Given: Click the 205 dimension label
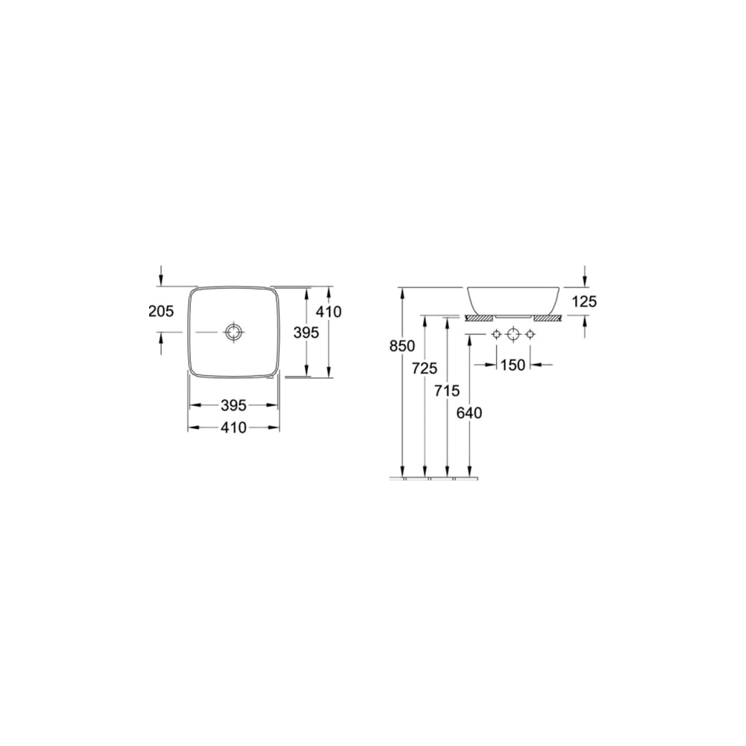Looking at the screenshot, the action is pos(161,311).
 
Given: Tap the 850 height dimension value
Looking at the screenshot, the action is pos(403,346).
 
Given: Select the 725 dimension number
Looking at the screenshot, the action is pos(424,368).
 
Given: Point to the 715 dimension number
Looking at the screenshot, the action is pos(447,391).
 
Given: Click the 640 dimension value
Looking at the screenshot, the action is pos(469,413).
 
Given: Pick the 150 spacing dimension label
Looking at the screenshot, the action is pos(513,365).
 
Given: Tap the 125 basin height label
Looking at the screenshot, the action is pos(584,301).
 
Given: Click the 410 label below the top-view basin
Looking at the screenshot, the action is pos(234,427).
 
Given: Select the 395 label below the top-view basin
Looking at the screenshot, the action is pos(234,405).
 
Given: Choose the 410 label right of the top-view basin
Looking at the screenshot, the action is pos(329,312).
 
